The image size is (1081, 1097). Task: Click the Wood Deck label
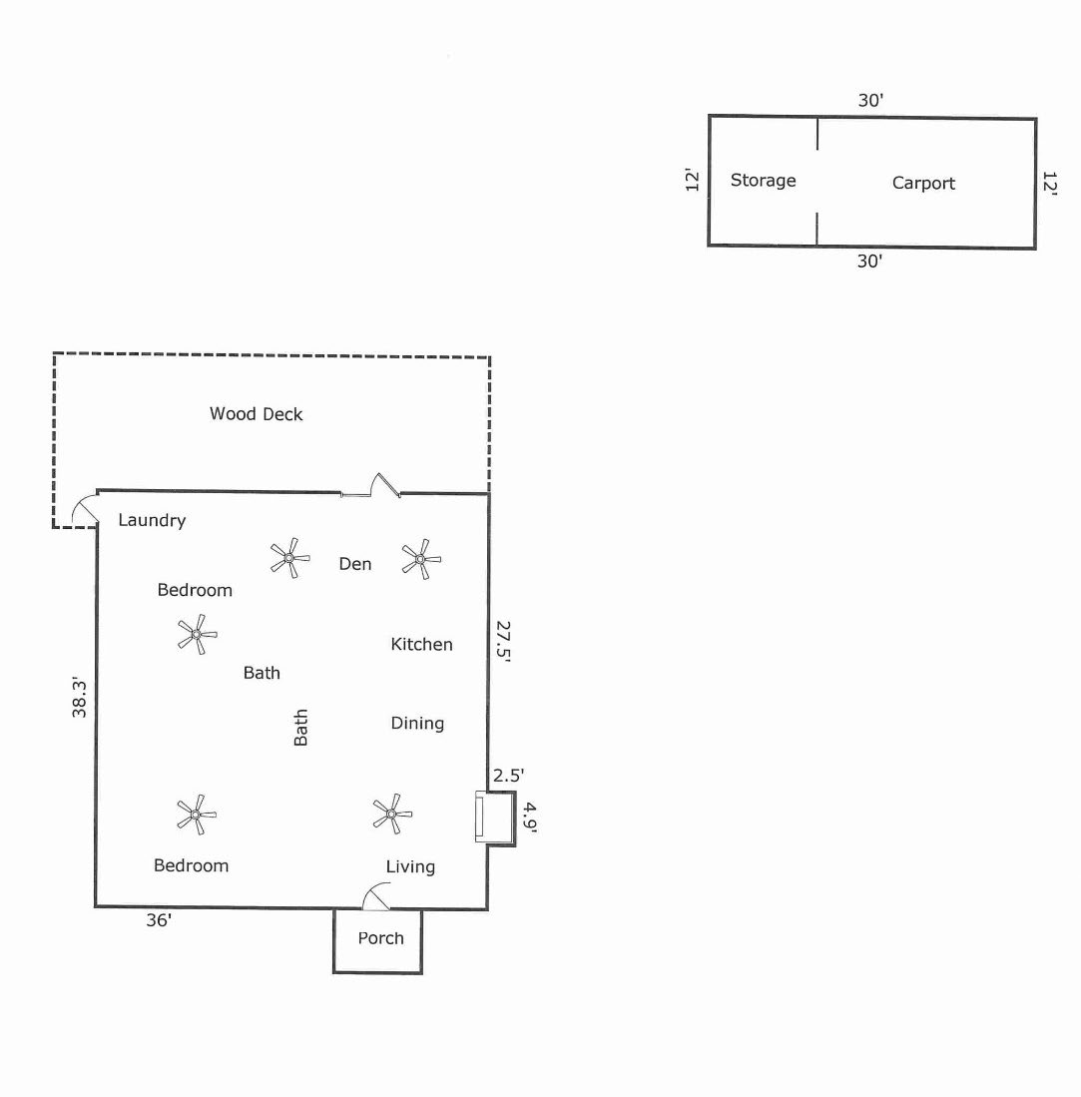(256, 414)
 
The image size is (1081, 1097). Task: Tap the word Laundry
(152, 520)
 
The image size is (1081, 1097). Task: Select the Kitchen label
(421, 645)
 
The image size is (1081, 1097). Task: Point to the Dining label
(417, 723)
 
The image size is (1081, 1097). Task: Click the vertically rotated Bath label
(300, 728)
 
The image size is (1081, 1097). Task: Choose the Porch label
(381, 938)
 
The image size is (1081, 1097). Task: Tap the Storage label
(763, 181)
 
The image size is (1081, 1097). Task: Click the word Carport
(923, 183)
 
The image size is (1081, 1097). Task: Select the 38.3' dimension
(81, 698)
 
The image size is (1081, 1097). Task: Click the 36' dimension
(160, 921)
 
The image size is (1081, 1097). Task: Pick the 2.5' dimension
(508, 775)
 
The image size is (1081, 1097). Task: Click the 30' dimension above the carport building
(871, 100)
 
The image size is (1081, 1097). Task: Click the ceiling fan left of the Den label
(289, 558)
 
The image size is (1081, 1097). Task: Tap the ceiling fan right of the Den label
(420, 559)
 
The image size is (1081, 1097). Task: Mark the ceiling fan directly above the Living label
(392, 814)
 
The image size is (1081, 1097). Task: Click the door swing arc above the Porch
(375, 896)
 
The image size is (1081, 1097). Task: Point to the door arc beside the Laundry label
(84, 511)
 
